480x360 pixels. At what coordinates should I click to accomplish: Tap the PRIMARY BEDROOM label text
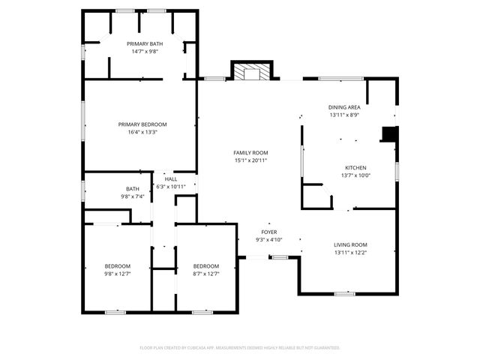(142, 124)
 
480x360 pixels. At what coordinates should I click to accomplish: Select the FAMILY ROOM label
(250, 152)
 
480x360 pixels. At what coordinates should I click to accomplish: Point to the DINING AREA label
(344, 107)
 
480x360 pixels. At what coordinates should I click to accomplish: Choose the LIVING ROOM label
(349, 244)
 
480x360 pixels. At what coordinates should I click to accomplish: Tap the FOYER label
(268, 232)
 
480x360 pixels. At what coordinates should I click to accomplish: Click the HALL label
(171, 179)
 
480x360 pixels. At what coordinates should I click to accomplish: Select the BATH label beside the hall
(133, 189)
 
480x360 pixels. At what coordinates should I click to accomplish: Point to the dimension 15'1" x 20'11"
(250, 160)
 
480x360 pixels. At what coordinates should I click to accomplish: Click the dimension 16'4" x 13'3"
(142, 132)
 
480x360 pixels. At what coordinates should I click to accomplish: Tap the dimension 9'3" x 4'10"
(268, 240)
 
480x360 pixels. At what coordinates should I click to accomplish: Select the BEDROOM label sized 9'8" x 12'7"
(117, 266)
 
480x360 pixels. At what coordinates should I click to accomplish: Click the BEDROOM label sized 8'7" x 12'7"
(206, 266)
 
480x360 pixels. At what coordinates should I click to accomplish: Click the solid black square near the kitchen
(389, 134)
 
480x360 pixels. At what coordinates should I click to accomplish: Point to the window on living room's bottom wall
(344, 293)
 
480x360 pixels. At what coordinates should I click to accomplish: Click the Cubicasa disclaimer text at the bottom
(240, 347)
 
